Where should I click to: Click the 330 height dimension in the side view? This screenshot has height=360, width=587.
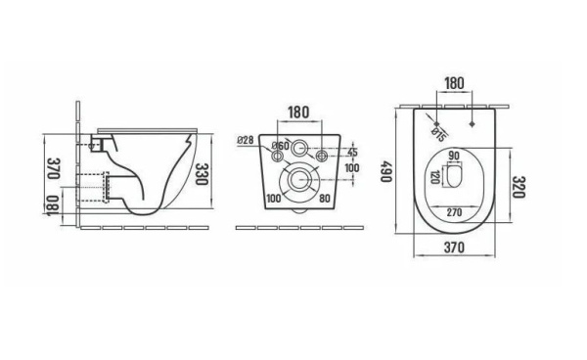click(x=203, y=174)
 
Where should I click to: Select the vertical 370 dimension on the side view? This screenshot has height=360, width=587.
click(x=54, y=168)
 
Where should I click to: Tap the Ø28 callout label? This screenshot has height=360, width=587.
click(x=246, y=140)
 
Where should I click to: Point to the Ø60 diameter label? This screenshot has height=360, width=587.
click(x=281, y=146)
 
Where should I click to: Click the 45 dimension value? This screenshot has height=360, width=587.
click(x=352, y=153)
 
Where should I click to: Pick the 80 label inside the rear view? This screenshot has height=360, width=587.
click(x=325, y=198)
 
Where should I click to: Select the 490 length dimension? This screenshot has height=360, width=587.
click(x=386, y=172)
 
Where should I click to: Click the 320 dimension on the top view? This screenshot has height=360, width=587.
click(x=519, y=187)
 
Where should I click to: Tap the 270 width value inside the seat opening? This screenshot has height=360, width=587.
click(x=455, y=212)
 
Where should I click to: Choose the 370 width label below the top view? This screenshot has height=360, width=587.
click(x=455, y=247)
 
